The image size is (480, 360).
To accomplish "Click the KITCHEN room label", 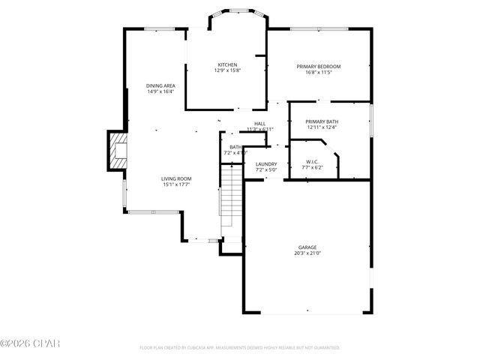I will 227,64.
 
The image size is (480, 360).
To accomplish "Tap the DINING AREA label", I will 160,86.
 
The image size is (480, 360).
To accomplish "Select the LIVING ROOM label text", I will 176,178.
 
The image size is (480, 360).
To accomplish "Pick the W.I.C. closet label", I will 313,161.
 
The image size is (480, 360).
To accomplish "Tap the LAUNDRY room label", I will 266,164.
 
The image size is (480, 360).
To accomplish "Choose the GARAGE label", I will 307,247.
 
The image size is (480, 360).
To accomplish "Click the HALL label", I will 259,124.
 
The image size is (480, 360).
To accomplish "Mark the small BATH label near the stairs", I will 235,147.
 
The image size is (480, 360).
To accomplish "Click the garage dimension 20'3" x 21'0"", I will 307,253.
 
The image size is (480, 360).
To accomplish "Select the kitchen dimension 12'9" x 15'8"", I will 227,70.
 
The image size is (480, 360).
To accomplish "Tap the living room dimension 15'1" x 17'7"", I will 176,184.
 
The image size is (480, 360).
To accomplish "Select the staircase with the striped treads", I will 232,198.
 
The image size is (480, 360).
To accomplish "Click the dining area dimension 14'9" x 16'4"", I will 160,92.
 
